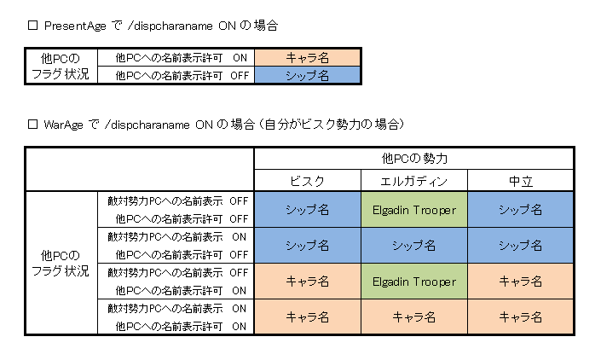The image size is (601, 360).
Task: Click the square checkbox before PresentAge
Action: (x=34, y=26)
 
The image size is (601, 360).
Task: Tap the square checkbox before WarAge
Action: (x=34, y=125)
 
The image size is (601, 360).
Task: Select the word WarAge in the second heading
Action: (x=66, y=125)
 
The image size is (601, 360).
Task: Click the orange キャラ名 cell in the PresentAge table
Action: (x=308, y=58)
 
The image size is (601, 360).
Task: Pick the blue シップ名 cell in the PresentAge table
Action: (x=308, y=75)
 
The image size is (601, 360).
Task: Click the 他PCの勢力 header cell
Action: (x=414, y=159)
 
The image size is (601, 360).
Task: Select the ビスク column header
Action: (x=308, y=180)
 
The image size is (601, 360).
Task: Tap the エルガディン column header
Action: (x=414, y=180)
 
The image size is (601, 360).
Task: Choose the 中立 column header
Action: (x=520, y=180)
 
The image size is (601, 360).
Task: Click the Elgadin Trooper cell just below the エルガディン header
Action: (x=414, y=209)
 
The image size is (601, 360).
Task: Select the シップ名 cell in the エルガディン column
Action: (x=414, y=245)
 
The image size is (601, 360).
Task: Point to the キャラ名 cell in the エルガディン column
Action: (x=414, y=317)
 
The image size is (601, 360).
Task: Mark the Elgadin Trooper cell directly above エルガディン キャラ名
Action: (x=414, y=282)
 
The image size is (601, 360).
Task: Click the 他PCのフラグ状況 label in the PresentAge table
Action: (x=59, y=67)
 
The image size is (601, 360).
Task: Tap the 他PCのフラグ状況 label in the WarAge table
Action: (x=59, y=264)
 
